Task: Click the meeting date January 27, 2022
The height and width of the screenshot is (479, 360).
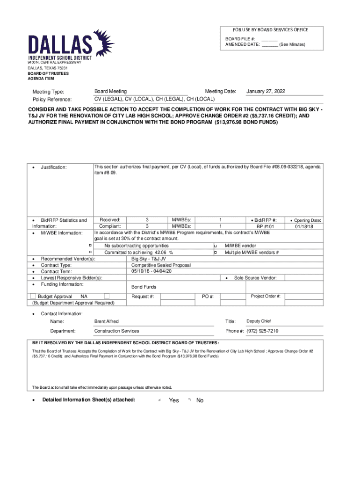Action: pos(266,91)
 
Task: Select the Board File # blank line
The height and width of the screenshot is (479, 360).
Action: pos(269,38)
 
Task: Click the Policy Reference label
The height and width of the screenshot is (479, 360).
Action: pos(52,100)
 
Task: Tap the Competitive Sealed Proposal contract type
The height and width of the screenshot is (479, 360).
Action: pos(161,265)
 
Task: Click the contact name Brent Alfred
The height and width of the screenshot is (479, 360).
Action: pos(107,321)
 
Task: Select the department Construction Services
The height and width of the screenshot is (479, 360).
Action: pos(116,331)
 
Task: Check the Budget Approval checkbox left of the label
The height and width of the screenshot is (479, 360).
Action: pos(33,296)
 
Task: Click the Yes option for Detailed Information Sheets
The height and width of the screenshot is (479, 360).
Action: pos(173,400)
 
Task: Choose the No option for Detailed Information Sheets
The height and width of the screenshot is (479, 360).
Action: pos(200,400)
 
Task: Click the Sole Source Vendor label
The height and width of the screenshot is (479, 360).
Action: pos(255,277)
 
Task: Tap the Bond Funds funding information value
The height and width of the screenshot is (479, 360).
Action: pos(144,287)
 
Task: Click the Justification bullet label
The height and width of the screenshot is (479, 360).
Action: pos(53,167)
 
